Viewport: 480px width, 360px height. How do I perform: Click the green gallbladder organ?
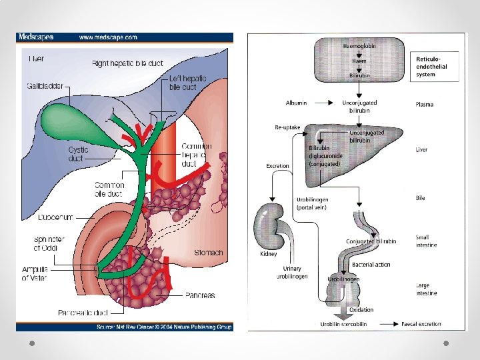pos(67,121)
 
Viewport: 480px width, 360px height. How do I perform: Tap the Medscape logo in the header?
pos(36,38)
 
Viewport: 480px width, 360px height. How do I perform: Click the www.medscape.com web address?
pos(109,38)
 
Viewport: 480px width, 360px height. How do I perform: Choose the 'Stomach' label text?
pos(208,253)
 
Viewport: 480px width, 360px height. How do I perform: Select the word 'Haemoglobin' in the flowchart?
pos(359,46)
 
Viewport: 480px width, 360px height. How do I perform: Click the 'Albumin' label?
pos(296,103)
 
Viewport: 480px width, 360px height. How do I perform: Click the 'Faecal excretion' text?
pos(421,324)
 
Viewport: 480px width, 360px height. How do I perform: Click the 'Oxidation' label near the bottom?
pos(361,310)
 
